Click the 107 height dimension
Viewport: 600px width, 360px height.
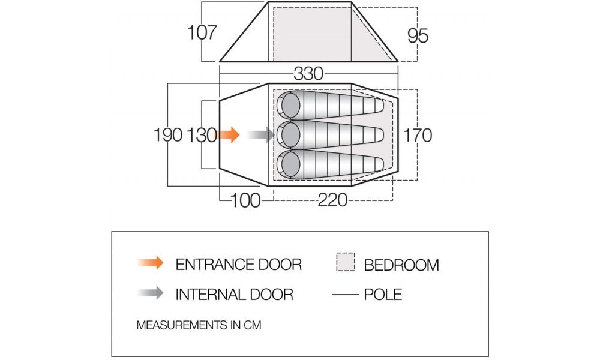pyautogui.click(x=202, y=32)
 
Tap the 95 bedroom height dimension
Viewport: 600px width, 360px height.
pyautogui.click(x=418, y=36)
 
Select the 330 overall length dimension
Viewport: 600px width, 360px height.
pyautogui.click(x=308, y=73)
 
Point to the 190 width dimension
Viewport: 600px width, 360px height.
pyautogui.click(x=167, y=135)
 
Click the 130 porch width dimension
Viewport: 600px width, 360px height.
pyautogui.click(x=202, y=135)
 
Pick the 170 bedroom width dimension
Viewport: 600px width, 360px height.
pyautogui.click(x=418, y=135)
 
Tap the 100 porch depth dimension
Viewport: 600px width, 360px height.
pyautogui.click(x=245, y=200)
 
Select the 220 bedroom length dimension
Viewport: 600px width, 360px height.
pyautogui.click(x=332, y=200)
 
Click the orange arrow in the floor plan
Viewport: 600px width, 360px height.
pyautogui.click(x=229, y=134)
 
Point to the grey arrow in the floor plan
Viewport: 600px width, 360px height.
pyautogui.click(x=262, y=134)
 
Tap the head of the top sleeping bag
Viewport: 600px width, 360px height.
pyautogui.click(x=291, y=105)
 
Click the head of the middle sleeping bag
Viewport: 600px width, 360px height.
pyautogui.click(x=291, y=134)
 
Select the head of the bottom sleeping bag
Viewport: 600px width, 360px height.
pyautogui.click(x=291, y=164)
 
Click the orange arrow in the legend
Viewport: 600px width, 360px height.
pyautogui.click(x=151, y=263)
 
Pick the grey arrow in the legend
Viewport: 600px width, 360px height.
pyautogui.click(x=151, y=293)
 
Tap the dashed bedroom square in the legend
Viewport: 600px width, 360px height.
pyautogui.click(x=346, y=262)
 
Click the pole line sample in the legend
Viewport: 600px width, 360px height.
pyautogui.click(x=346, y=295)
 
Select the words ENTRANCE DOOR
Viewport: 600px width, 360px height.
pyautogui.click(x=238, y=265)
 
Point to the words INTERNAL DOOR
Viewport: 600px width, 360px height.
pyautogui.click(x=234, y=295)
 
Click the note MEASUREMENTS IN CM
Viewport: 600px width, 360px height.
pyautogui.click(x=199, y=325)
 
